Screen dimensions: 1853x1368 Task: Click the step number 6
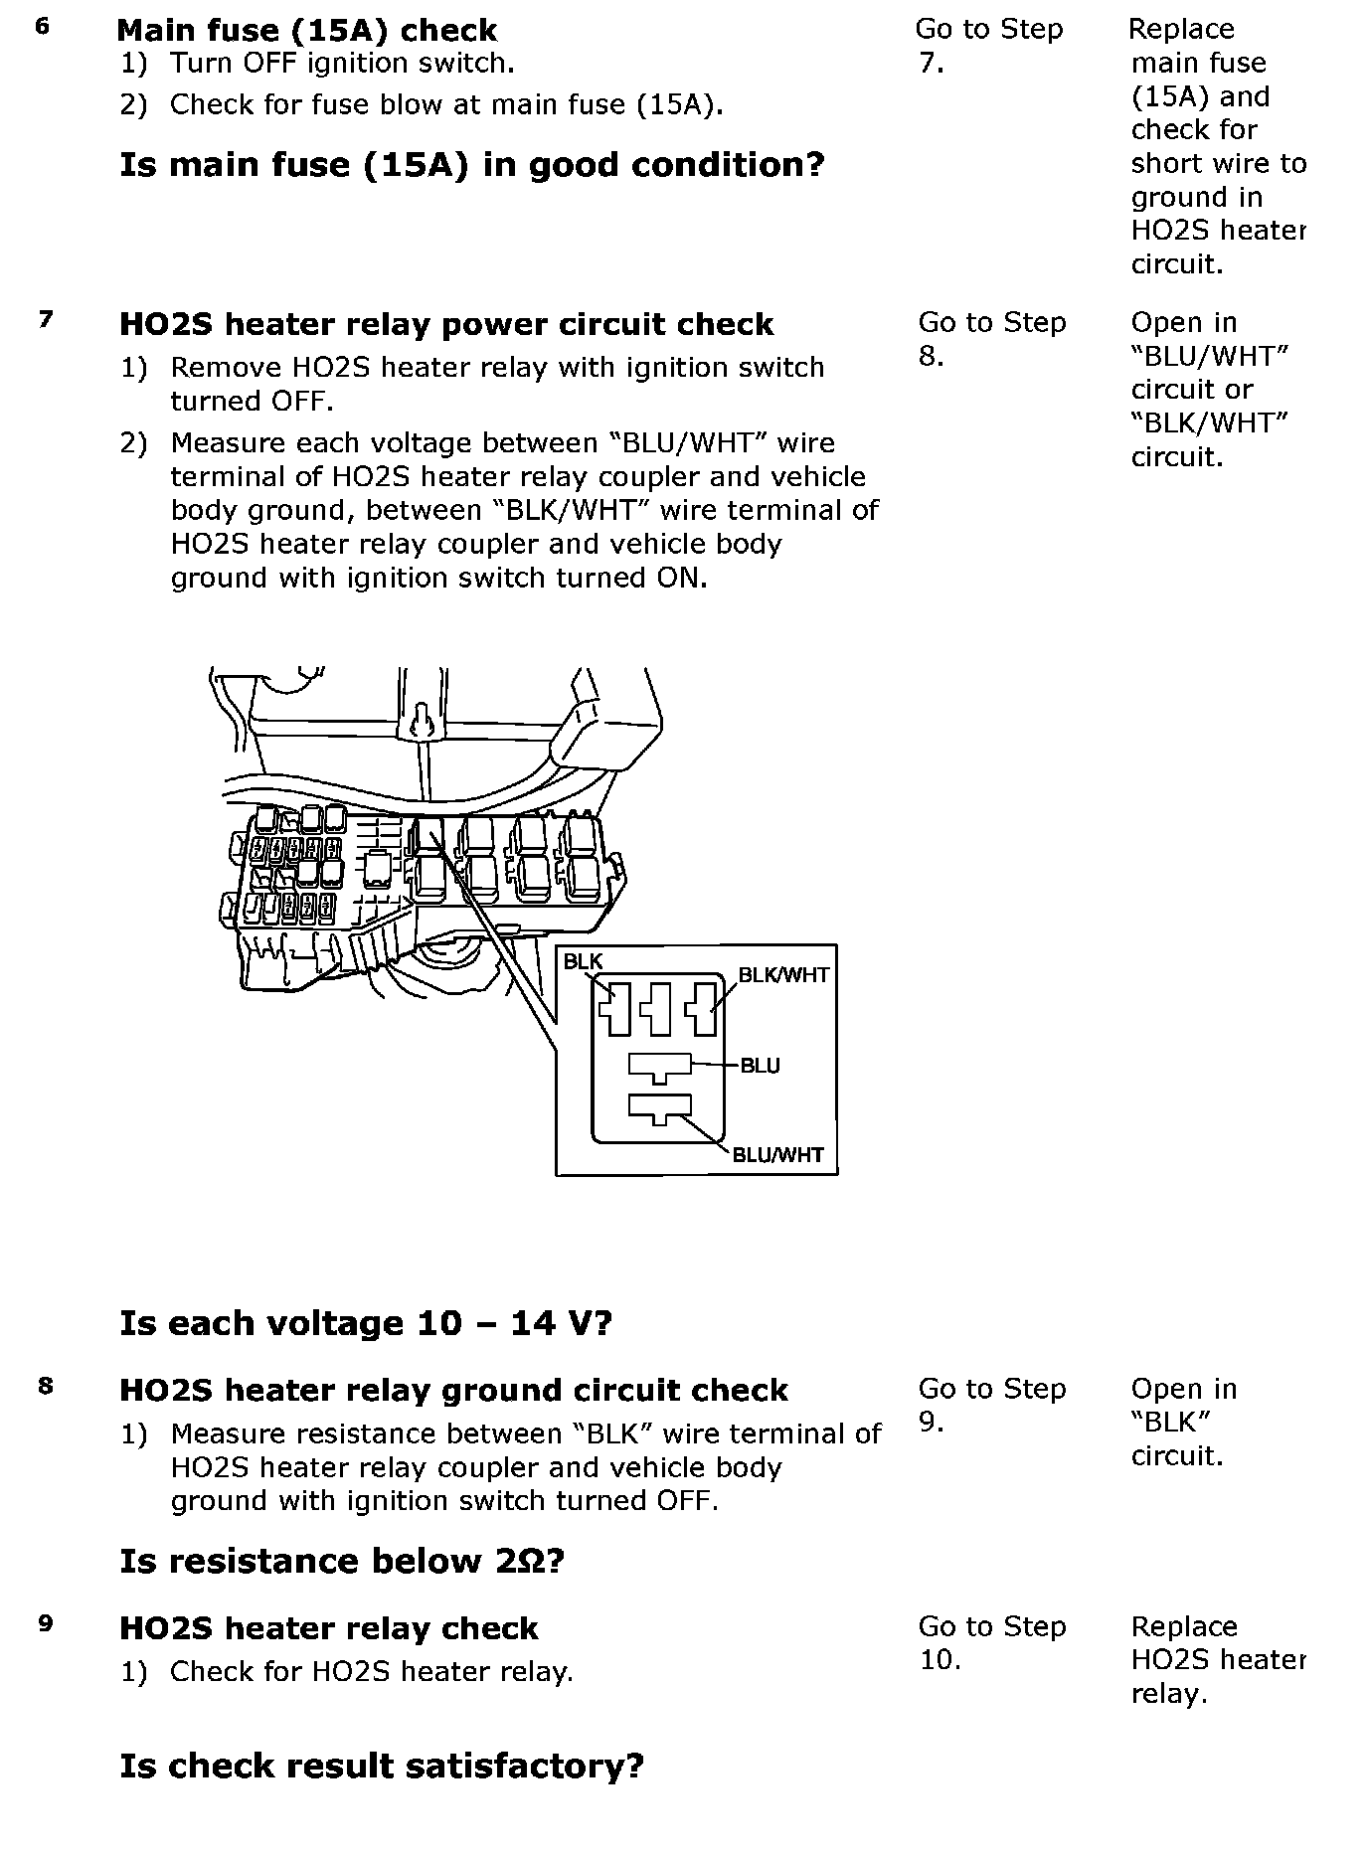click(x=42, y=27)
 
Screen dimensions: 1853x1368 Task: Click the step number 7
click(x=46, y=319)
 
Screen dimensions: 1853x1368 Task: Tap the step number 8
click(x=46, y=1385)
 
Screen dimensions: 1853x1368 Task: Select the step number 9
click(x=46, y=1623)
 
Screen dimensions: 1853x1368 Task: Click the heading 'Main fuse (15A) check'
click(x=306, y=30)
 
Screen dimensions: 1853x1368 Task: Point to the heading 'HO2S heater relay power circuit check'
click(x=446, y=324)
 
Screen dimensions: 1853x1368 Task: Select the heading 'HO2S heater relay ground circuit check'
click(x=453, y=1390)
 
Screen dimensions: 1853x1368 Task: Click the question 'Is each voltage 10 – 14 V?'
click(x=366, y=1323)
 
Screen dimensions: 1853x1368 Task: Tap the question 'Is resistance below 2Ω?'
click(x=342, y=1561)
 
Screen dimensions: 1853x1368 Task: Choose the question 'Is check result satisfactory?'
click(x=382, y=1766)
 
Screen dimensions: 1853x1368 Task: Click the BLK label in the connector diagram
click(x=583, y=961)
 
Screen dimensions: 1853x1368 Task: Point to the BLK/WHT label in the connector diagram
click(x=783, y=975)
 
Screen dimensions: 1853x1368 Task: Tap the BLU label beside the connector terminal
click(x=761, y=1066)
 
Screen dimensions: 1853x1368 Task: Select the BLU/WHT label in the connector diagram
click(x=777, y=1154)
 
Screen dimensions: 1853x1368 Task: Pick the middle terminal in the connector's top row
click(x=657, y=1008)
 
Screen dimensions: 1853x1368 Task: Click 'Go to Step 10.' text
click(x=991, y=1642)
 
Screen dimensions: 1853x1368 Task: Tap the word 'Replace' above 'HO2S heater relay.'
click(x=1184, y=1626)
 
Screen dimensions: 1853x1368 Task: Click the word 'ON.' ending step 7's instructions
click(x=680, y=578)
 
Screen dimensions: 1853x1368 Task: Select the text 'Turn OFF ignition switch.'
click(x=342, y=64)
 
